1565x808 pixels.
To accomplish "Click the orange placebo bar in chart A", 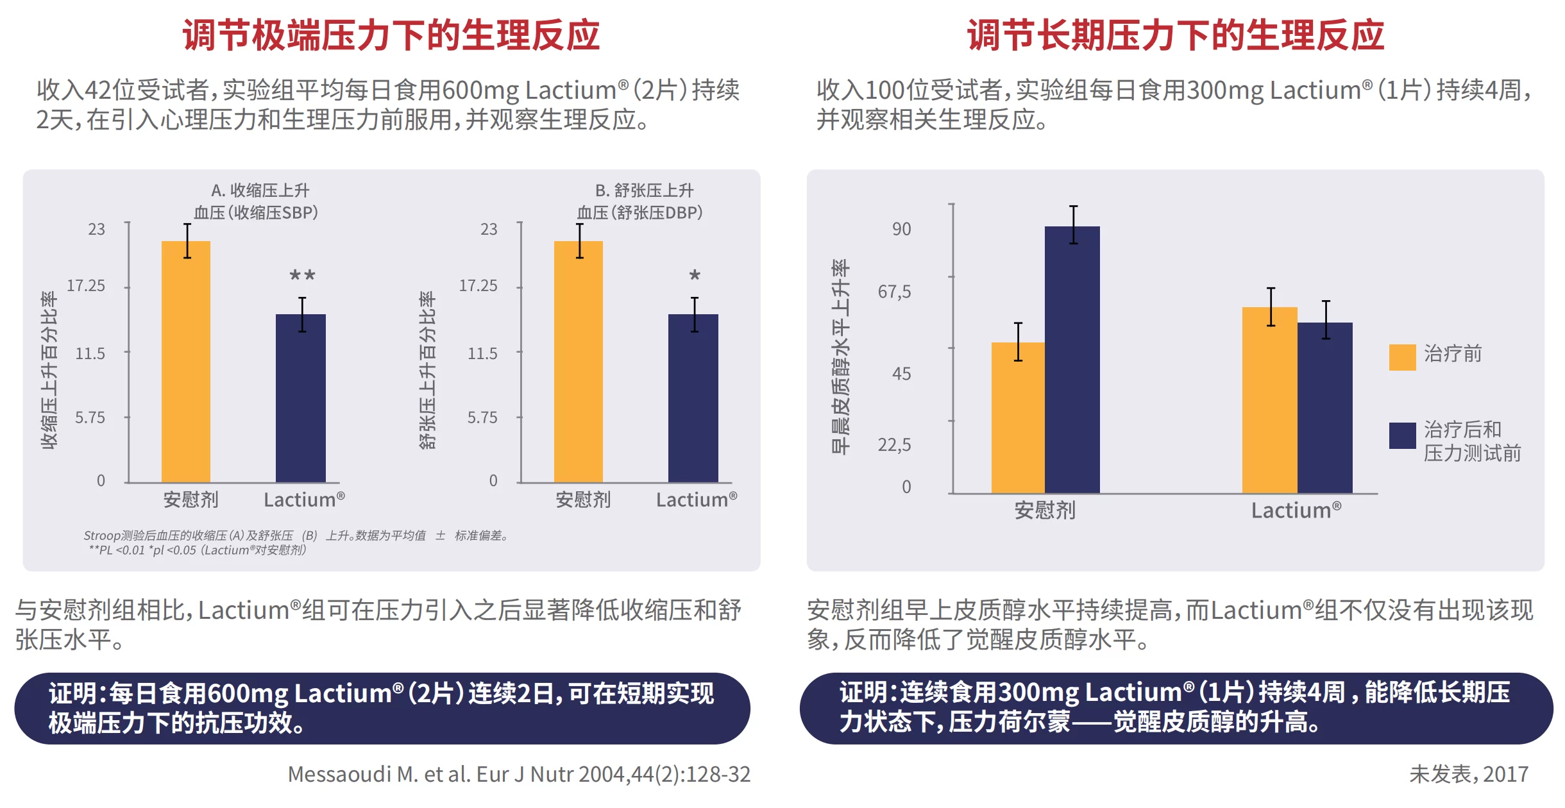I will tap(186, 362).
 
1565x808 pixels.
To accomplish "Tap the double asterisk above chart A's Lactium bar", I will tap(302, 276).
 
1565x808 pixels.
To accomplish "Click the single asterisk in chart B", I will tap(695, 276).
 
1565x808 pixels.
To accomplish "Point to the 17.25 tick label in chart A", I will tap(86, 286).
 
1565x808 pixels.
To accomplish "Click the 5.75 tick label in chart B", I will tap(482, 418).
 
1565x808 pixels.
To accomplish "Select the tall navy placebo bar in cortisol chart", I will tap(1072, 359).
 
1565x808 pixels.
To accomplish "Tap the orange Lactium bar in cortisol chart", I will tap(1269, 401).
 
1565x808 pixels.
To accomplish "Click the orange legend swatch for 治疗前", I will tap(1402, 357).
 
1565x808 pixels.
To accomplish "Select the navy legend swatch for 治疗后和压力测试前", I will tap(1402, 435).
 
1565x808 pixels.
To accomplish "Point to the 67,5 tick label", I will tap(894, 292).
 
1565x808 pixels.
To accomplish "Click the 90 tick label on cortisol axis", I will tap(901, 230).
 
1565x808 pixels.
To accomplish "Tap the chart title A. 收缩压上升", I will tap(260, 190).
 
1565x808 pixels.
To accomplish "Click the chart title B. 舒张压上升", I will tap(644, 190).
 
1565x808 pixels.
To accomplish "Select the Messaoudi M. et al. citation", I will tap(519, 775).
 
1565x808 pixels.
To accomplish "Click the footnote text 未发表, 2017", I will tap(1469, 775).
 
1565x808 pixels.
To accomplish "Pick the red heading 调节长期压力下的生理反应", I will tap(1175, 35).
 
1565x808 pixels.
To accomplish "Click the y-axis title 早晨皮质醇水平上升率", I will tap(840, 357).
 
